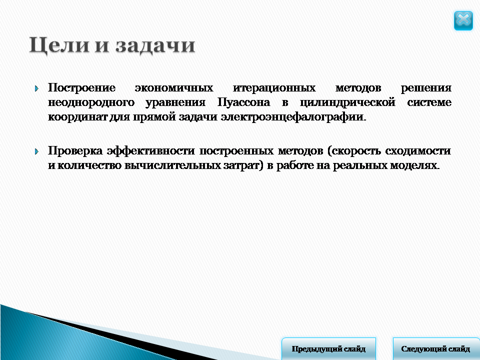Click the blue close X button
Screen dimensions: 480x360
tap(463, 20)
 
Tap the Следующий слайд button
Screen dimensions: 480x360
tap(436, 348)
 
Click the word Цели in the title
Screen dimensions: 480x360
tap(59, 45)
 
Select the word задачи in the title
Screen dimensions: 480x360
tap(155, 45)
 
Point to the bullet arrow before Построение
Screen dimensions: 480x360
tap(36, 89)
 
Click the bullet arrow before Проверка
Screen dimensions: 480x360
tap(36, 151)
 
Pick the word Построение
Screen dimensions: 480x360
tap(81, 88)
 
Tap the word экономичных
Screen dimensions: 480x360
tap(174, 88)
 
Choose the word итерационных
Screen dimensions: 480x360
tap(274, 88)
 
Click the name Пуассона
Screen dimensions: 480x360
tap(243, 102)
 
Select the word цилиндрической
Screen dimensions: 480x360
tap(347, 102)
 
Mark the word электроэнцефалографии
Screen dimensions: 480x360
tap(293, 117)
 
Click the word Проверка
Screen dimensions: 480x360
tap(75, 151)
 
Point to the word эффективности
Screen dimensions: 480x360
tap(150, 151)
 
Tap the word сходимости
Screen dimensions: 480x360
tap(418, 150)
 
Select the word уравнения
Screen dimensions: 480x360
tap(175, 102)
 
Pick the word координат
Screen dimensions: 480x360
tap(78, 117)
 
